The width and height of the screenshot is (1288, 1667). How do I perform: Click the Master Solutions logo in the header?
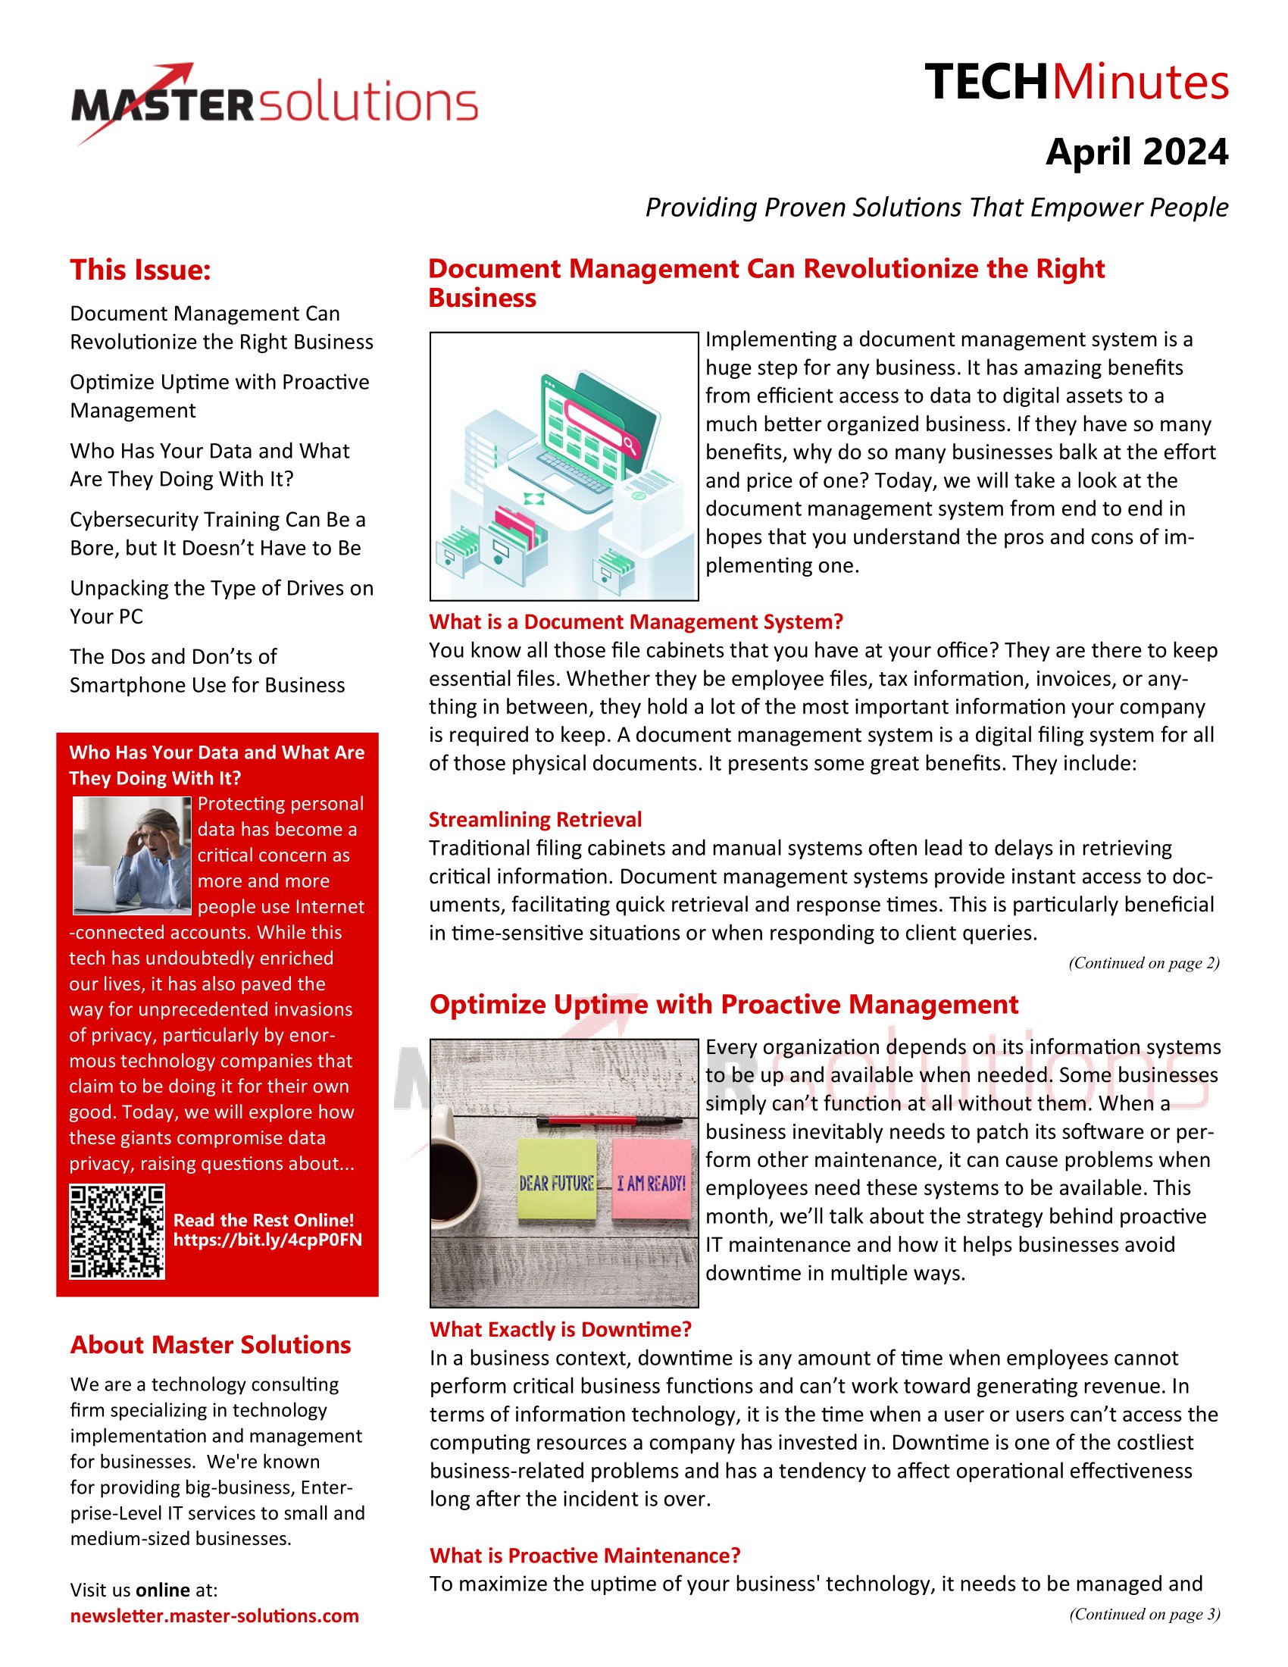275,104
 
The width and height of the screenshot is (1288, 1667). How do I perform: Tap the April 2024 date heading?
1136,152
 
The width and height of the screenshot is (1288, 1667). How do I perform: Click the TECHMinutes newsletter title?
1076,83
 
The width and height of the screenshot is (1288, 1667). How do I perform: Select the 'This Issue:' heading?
140,271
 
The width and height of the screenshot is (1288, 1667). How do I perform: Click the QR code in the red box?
117,1231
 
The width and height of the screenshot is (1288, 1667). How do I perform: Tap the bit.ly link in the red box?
267,1240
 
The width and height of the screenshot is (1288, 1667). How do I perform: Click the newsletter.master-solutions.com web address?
214,1616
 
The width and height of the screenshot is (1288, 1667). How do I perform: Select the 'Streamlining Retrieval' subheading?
535,820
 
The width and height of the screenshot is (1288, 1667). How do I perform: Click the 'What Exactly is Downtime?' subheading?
560,1330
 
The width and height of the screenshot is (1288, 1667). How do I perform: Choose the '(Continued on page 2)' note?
1143,963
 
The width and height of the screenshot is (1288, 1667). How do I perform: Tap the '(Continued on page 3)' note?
1144,1613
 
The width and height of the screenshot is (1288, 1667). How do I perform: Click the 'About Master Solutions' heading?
211,1345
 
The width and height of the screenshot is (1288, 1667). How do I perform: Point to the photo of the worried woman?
131,855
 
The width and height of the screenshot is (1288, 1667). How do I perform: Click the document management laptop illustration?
564,466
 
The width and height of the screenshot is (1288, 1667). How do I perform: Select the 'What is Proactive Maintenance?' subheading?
584,1556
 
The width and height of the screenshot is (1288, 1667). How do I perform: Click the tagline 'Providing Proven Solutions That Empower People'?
936,208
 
